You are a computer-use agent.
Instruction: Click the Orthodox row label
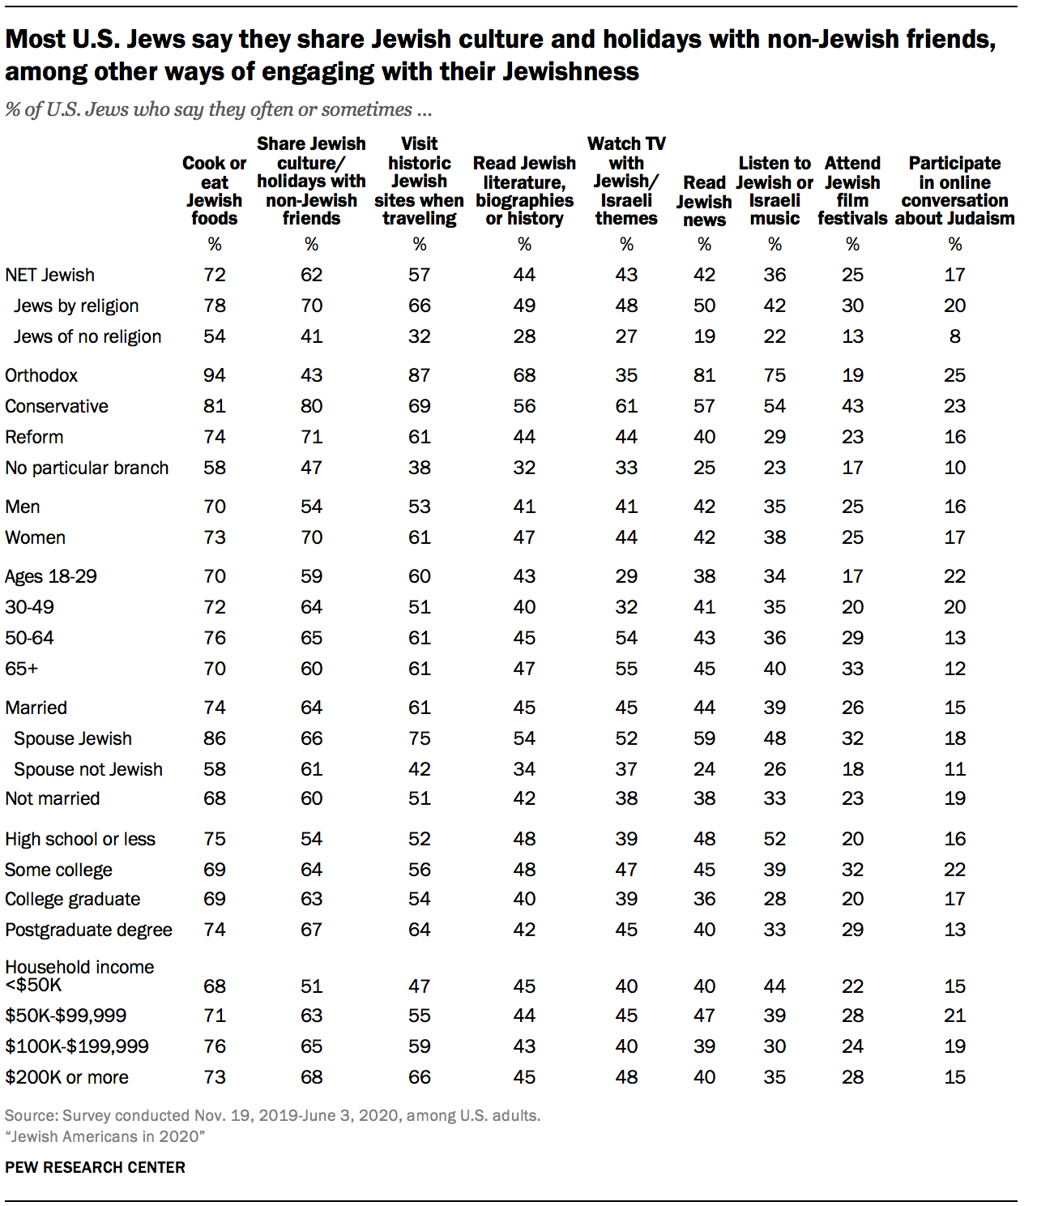coord(41,375)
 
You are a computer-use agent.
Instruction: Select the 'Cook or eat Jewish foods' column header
coord(214,191)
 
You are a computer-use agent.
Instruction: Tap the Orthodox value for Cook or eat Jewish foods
coord(214,375)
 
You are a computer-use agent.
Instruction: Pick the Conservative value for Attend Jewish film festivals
coord(852,406)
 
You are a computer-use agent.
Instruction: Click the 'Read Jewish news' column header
coord(704,201)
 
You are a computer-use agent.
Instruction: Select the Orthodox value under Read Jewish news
coord(704,375)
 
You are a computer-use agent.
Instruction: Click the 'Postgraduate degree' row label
coord(88,930)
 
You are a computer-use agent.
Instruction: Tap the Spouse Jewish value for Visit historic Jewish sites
coord(419,738)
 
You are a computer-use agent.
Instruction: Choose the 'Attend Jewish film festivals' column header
coord(852,191)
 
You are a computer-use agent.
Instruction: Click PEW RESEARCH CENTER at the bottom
coord(95,1167)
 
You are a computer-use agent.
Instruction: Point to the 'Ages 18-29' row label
coord(51,576)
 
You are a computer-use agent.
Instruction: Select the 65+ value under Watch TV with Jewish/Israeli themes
coord(626,669)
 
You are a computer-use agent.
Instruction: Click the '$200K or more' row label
coord(66,1077)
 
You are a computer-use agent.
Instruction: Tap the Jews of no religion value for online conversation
coord(954,336)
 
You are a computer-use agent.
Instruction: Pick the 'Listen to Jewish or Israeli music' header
coord(775,191)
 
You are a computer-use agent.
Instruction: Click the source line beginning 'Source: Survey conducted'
coord(272,1115)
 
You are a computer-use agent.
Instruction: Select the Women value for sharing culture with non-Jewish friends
coord(311,537)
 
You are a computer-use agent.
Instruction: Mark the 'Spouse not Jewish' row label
coord(88,769)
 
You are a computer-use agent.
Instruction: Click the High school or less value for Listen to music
coord(775,839)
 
